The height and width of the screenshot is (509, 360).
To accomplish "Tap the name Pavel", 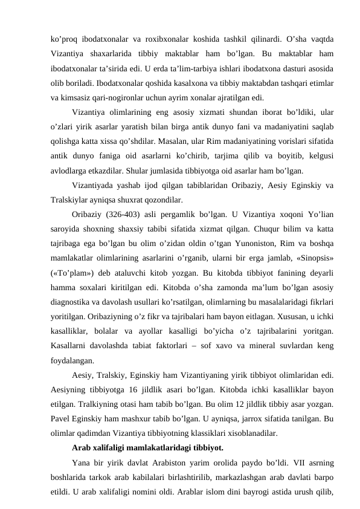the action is click(62, 419).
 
